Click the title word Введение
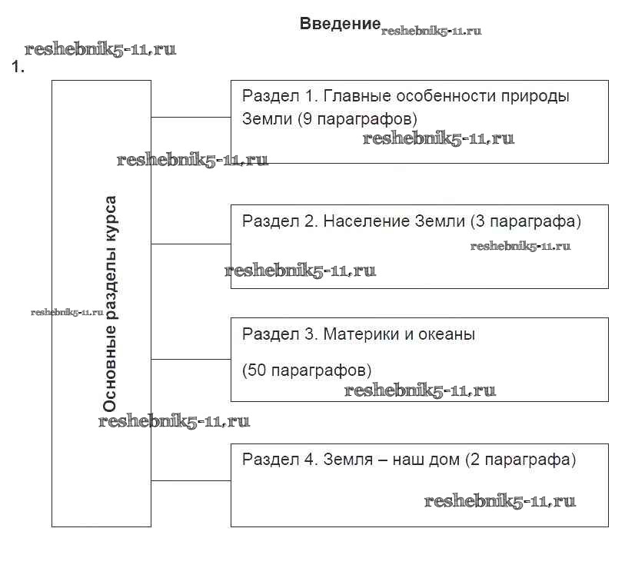pos(340,24)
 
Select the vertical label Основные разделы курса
pos(111,304)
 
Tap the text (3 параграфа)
pos(524,221)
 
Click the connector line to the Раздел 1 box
pos(191,118)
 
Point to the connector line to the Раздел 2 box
pos(191,244)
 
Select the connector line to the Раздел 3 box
pos(191,359)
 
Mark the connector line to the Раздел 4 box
pos(191,481)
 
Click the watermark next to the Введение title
pos(431,32)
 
